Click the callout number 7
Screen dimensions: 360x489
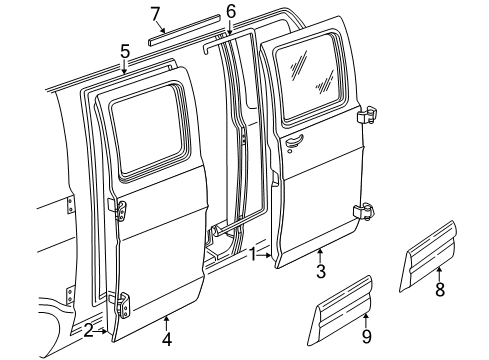point(155,13)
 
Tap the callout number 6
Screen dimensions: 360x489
point(230,11)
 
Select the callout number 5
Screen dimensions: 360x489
point(124,49)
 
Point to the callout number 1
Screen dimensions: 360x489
point(254,254)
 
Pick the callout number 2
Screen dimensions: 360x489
point(89,331)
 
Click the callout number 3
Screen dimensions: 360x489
point(320,272)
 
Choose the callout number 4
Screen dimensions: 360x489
point(166,337)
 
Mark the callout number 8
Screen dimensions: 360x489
point(439,290)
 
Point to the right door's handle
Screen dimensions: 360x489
point(293,143)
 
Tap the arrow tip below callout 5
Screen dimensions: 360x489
point(124,74)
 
